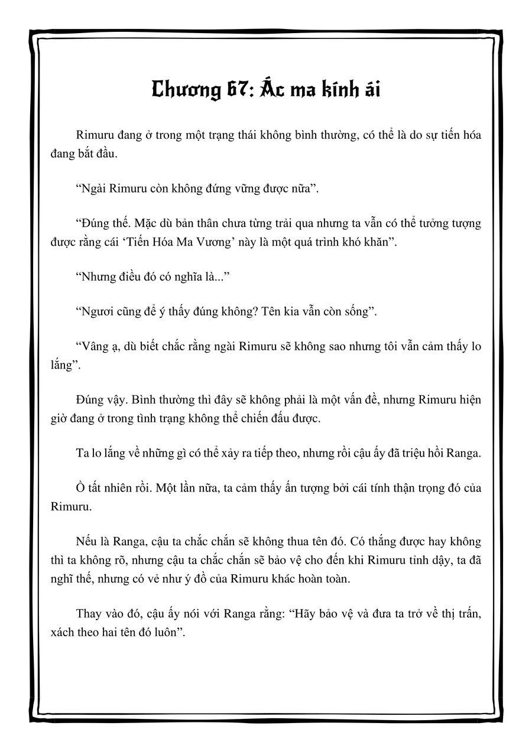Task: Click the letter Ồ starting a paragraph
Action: tap(80, 488)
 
